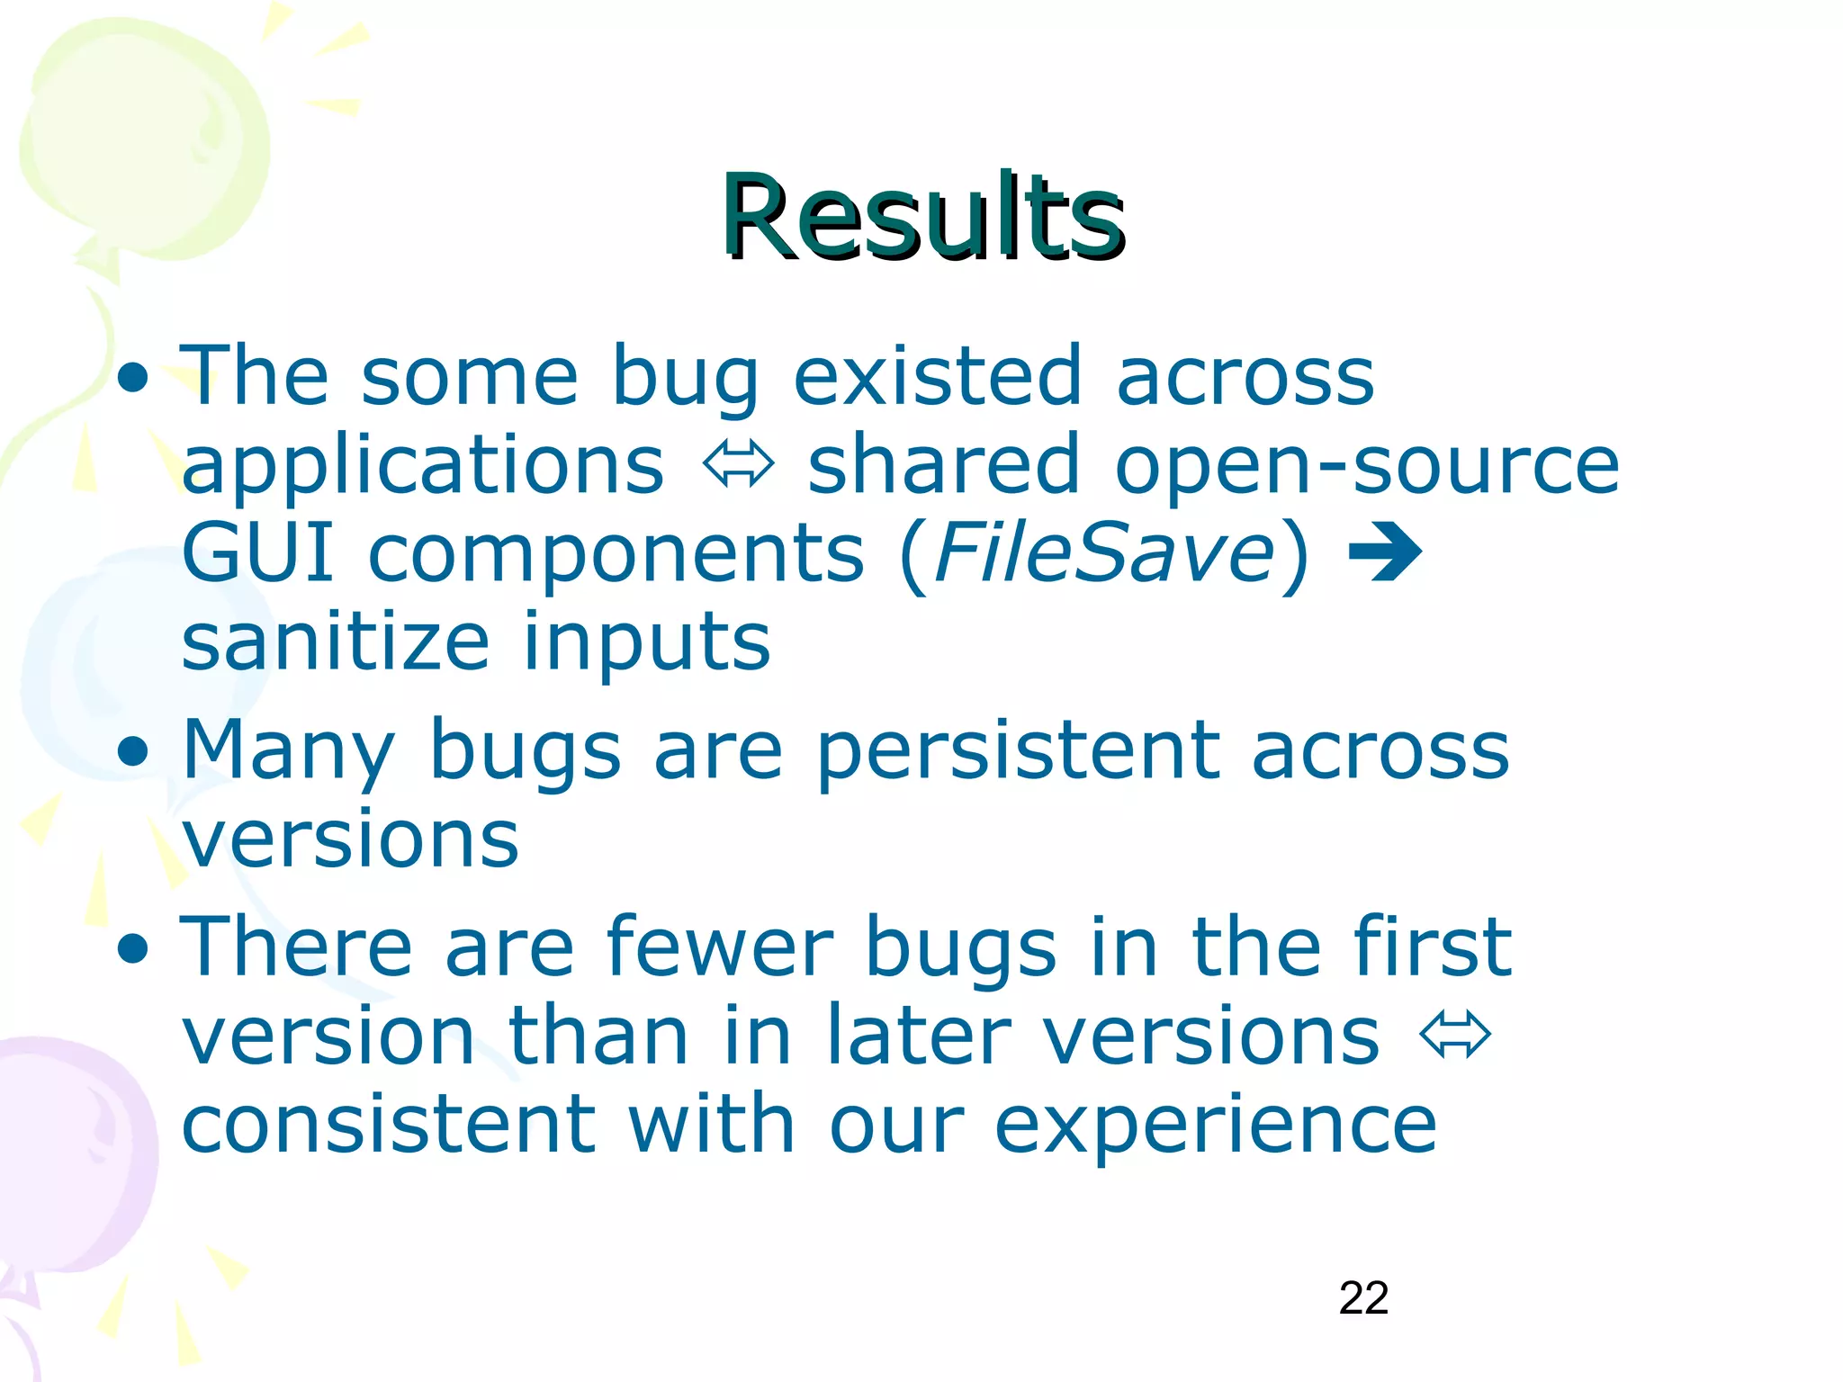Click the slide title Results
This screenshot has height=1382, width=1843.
pos(922,219)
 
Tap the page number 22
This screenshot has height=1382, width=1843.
pos(1363,1298)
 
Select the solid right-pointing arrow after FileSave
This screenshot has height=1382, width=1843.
pos(1385,552)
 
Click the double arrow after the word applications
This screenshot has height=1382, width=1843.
pos(738,465)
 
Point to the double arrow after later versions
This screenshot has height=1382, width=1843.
pos(1455,1035)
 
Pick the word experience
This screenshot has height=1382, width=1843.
pos(1215,1125)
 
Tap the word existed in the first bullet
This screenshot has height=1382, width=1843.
pos(937,375)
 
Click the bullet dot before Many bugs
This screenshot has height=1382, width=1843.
pos(133,751)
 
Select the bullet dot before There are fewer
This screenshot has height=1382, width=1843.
pos(133,947)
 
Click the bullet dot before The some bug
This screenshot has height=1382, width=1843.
pos(133,377)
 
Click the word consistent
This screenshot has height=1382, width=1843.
pos(388,1125)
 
